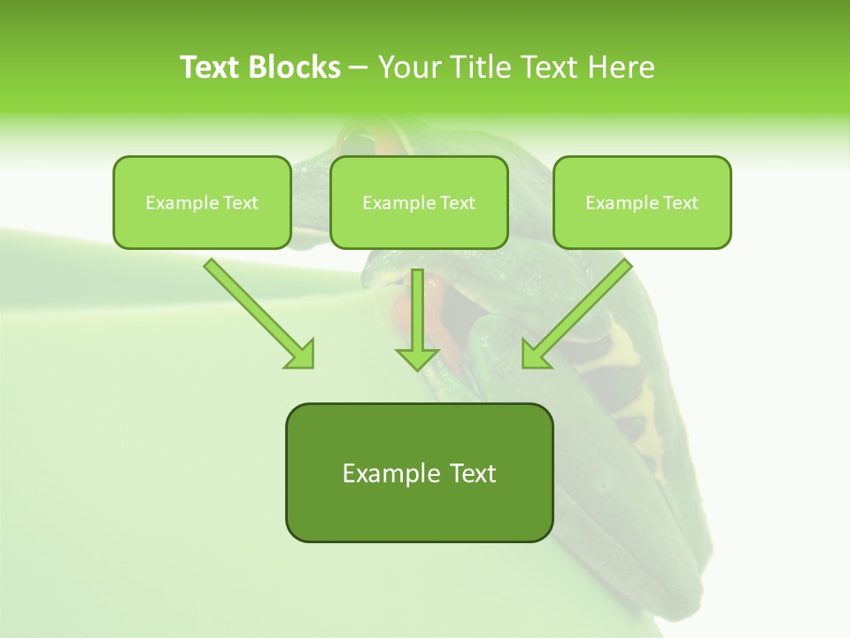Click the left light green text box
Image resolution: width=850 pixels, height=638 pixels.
click(202, 226)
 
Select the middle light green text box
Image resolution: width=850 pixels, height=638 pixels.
click(419, 226)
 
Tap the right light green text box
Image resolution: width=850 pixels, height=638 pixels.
click(642, 226)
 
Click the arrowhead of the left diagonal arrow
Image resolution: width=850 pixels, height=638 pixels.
click(301, 354)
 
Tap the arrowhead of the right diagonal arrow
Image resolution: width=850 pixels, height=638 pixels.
click(534, 354)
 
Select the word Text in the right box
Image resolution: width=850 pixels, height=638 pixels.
click(679, 203)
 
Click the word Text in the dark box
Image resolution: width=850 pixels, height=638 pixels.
click(472, 473)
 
